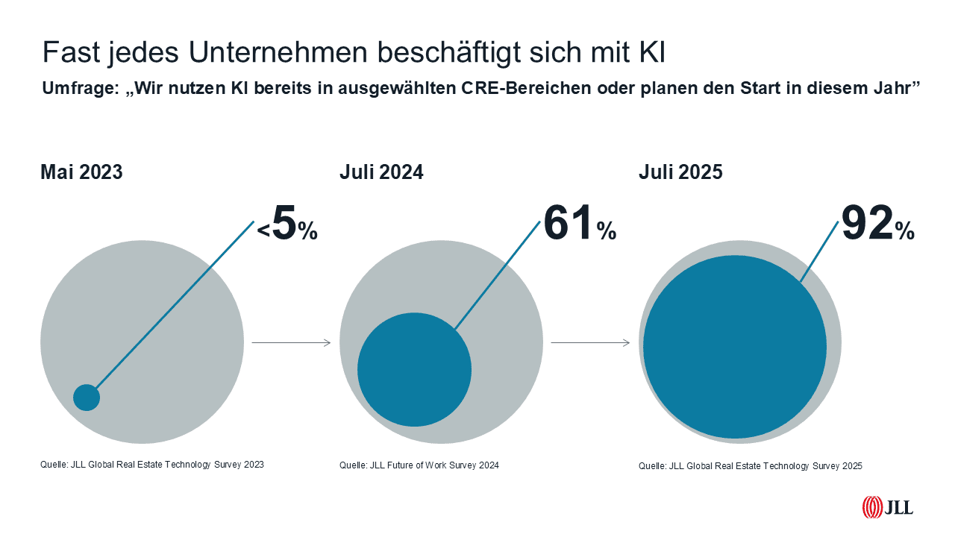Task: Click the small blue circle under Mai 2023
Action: [x=87, y=398]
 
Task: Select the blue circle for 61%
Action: [x=414, y=369]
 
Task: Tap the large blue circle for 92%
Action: [x=735, y=347]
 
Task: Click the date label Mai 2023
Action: [x=81, y=172]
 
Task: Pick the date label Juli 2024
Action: [x=381, y=172]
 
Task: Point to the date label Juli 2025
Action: [x=680, y=172]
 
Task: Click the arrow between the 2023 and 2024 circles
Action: [x=291, y=343]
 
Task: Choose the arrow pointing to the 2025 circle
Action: [x=590, y=343]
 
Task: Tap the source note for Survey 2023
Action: [x=152, y=465]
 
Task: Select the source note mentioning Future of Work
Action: [x=419, y=465]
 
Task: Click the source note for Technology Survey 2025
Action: [x=750, y=466]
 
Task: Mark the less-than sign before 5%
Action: [x=263, y=233]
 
